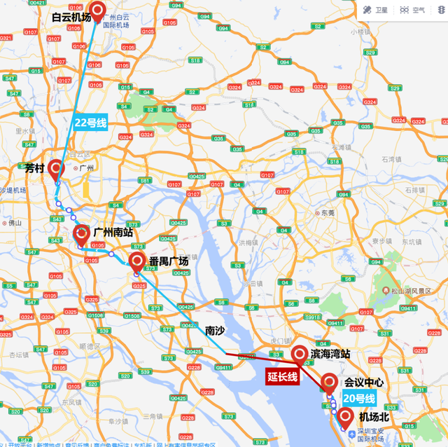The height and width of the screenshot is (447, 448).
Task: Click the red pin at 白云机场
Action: click(x=98, y=10)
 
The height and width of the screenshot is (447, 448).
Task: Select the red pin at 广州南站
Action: click(x=80, y=233)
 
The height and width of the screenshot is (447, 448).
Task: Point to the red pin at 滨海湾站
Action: click(x=299, y=353)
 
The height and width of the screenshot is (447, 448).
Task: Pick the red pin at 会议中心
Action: click(x=329, y=383)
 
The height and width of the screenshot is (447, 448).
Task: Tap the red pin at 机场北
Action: click(x=345, y=418)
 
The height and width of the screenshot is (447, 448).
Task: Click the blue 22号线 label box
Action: click(x=90, y=122)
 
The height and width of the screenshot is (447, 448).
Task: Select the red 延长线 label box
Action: click(x=282, y=377)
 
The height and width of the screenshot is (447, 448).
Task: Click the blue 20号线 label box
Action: click(x=359, y=399)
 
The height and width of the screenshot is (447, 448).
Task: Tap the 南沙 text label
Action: click(x=215, y=329)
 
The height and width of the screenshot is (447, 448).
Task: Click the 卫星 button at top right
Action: click(x=377, y=10)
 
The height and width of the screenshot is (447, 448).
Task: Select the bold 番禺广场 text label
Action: click(x=169, y=261)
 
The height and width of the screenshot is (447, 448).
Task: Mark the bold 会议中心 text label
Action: click(x=364, y=383)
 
